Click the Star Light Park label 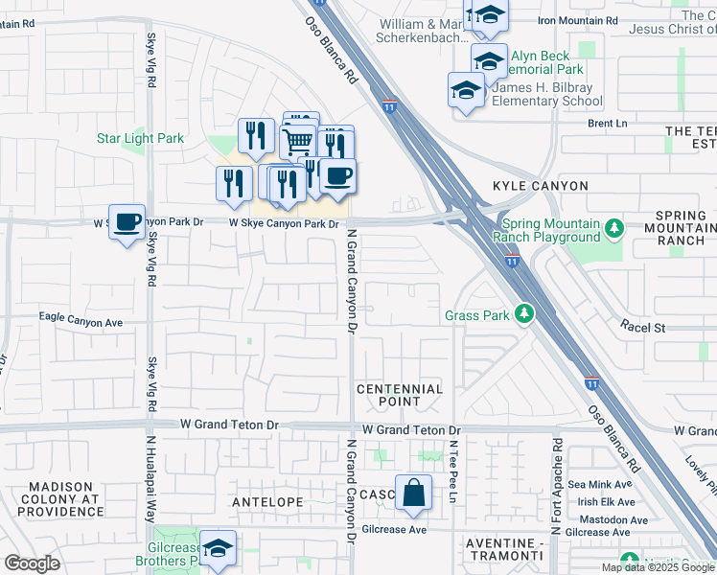point(140,139)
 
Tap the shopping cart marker point(298,142)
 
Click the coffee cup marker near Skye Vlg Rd point(127,222)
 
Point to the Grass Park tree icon point(524,314)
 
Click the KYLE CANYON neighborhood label point(540,185)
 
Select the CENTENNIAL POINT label point(400,396)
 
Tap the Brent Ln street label point(607,124)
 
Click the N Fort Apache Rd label point(556,486)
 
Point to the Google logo point(32,563)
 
